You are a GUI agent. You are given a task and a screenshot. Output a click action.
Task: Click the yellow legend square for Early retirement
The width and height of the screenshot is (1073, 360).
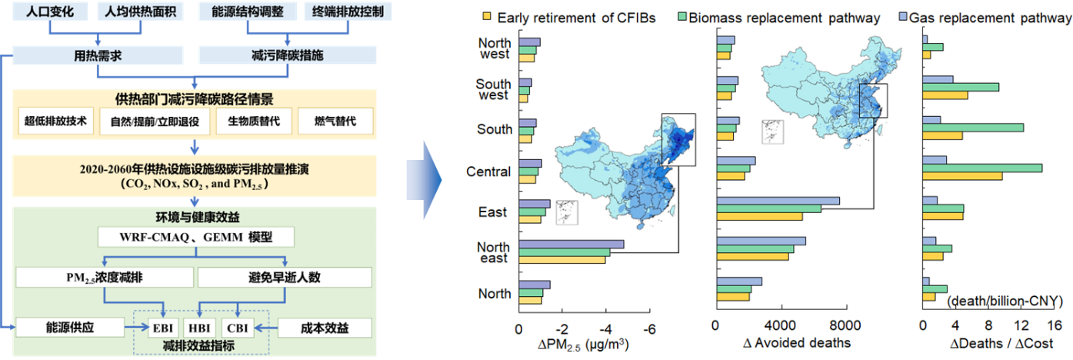click(486, 17)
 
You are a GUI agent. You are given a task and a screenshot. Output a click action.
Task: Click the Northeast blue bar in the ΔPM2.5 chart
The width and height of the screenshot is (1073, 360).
click(571, 245)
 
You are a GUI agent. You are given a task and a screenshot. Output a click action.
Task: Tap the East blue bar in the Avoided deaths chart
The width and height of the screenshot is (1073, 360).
click(778, 201)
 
